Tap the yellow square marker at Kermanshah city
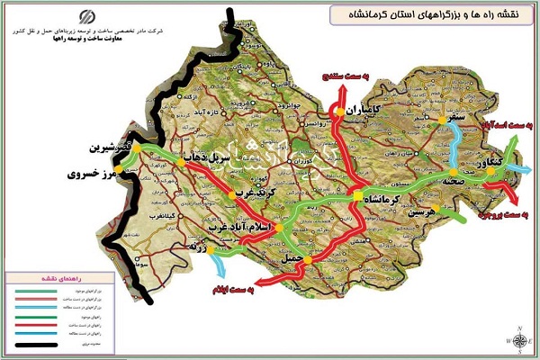(x=358, y=196)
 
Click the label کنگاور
(x=499, y=165)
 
